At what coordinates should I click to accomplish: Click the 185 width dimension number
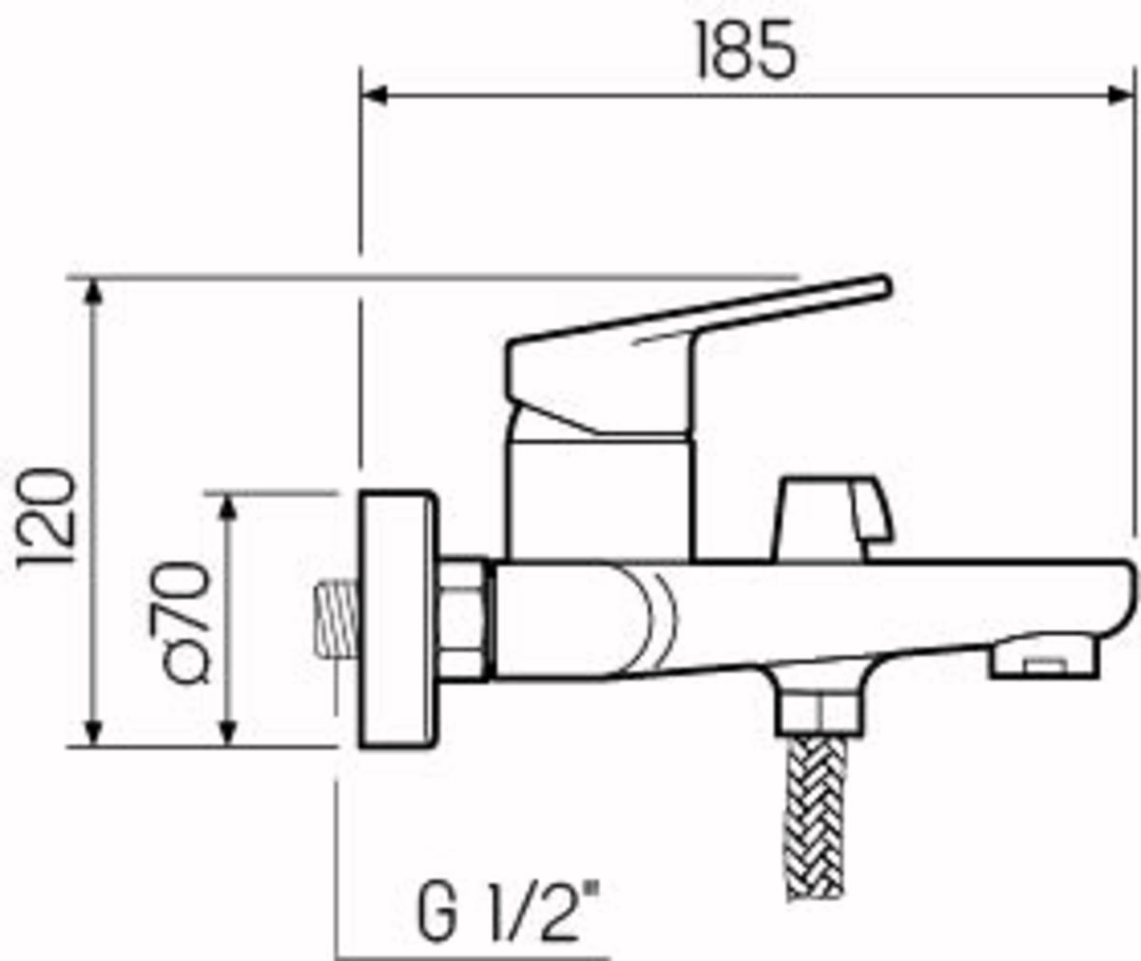coord(745,49)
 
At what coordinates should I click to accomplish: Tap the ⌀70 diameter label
coord(188,623)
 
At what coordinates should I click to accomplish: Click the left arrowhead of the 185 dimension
coord(374,96)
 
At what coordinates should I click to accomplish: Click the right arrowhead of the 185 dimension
coord(1119,96)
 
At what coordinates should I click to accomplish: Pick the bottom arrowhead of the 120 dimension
coord(94,732)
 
